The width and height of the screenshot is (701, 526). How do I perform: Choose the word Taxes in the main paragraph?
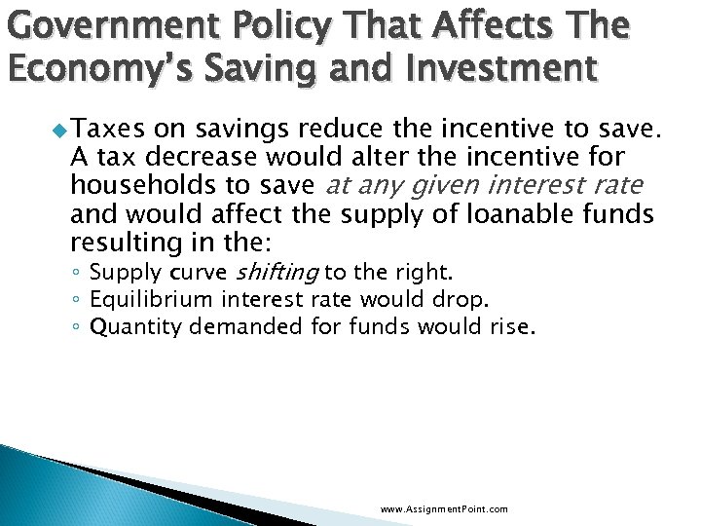point(102,127)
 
